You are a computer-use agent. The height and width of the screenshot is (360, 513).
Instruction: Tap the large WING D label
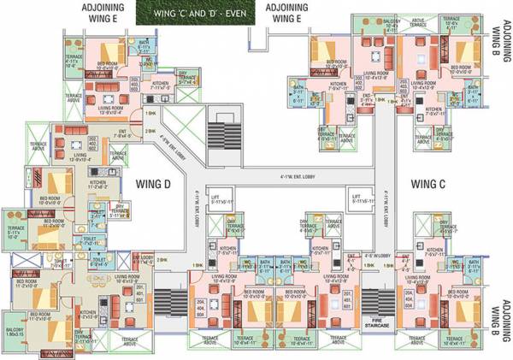point(154,182)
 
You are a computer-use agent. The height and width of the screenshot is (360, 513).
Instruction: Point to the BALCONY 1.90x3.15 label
point(15,331)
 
